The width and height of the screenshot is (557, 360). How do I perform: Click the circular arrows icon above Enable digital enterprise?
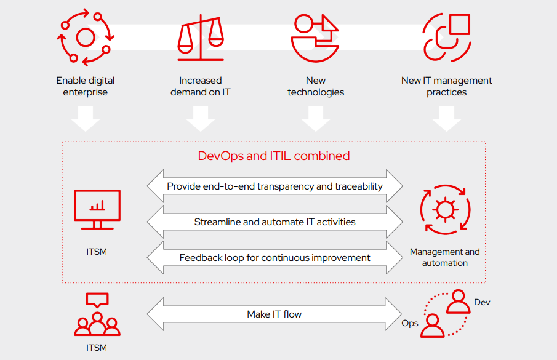(85, 37)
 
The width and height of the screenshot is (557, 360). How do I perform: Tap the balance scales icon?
(201, 37)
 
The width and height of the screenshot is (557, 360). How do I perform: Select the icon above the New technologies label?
(315, 37)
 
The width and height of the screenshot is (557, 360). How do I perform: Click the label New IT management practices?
(446, 86)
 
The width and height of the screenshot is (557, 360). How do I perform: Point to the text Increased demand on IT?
(201, 86)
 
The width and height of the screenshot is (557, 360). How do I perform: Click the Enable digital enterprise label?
(85, 86)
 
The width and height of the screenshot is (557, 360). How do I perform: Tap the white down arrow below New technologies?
(316, 118)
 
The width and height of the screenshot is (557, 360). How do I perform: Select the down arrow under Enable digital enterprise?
(86, 118)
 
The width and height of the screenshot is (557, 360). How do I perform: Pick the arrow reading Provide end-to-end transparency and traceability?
(274, 186)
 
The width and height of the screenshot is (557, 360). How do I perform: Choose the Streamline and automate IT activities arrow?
(274, 222)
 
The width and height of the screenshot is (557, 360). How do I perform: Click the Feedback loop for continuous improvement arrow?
(274, 257)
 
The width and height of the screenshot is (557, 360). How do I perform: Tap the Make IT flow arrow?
(274, 314)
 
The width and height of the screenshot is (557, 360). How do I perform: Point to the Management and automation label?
(444, 257)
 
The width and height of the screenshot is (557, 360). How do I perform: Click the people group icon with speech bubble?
(97, 315)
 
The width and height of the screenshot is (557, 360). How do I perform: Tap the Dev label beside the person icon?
(482, 302)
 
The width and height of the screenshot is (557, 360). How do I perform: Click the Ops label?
(410, 323)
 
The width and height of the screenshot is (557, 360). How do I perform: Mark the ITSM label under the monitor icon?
(97, 252)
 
